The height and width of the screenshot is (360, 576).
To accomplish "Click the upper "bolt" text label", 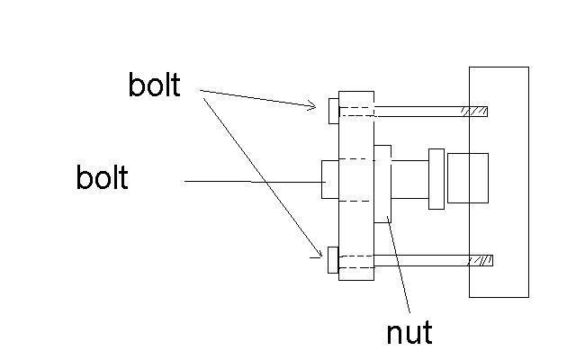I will pos(154,86).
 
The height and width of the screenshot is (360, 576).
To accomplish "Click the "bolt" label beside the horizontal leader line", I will pos(102,178).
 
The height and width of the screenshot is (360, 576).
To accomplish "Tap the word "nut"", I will pos(409,333).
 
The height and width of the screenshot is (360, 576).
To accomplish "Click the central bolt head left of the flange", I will pos(330,179).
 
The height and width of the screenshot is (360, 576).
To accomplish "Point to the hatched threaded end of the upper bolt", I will pos(474,112).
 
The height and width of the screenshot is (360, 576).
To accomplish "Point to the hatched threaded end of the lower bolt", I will pos(479,260).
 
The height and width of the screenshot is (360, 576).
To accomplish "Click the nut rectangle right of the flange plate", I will pos(382,183).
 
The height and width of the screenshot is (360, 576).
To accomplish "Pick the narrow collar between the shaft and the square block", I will pos(436,179).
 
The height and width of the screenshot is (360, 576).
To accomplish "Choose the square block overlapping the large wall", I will pos(467,178).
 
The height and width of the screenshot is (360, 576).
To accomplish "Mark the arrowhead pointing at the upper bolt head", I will pos(313,106).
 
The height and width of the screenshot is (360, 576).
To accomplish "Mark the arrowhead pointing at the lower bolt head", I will pos(319,254).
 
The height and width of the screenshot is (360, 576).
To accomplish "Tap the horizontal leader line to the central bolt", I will pos(252,182).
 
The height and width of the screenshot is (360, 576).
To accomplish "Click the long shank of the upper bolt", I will pos(414,112).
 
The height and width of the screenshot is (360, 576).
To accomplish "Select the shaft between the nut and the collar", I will pos(410,179).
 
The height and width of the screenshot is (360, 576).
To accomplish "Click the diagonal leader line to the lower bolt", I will pos(261,171).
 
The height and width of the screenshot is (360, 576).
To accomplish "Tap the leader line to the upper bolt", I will pos(256,98).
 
